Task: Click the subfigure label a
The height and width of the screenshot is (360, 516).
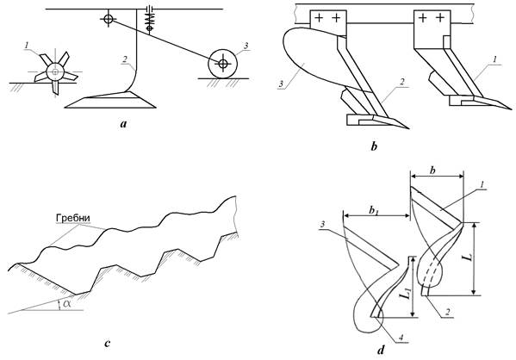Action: point(123,124)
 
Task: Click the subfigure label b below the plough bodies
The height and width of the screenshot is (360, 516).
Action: point(374,146)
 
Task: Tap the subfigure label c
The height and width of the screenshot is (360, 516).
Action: point(108,344)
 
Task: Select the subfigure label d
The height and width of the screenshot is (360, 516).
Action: point(381,351)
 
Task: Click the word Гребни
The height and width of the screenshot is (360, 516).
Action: point(73,218)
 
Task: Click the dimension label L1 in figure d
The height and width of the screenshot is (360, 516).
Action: point(406,293)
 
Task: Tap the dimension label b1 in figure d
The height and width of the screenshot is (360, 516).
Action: point(373,210)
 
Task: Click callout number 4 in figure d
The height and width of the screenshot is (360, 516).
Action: point(401,338)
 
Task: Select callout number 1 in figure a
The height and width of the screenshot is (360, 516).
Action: point(26,46)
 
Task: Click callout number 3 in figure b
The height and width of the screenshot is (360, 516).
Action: point(281,84)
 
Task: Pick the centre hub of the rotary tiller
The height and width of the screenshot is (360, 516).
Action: point(55,71)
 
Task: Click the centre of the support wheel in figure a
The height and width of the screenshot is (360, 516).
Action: point(223,64)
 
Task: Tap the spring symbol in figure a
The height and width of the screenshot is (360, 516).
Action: point(149,21)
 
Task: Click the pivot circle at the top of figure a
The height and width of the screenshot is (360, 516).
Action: point(108,19)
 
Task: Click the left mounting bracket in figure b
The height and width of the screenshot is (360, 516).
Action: point(327,22)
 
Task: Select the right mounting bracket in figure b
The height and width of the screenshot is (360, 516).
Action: point(432,29)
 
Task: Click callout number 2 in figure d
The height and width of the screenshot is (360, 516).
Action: point(447,313)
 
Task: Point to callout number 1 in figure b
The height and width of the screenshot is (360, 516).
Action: point(495,59)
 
